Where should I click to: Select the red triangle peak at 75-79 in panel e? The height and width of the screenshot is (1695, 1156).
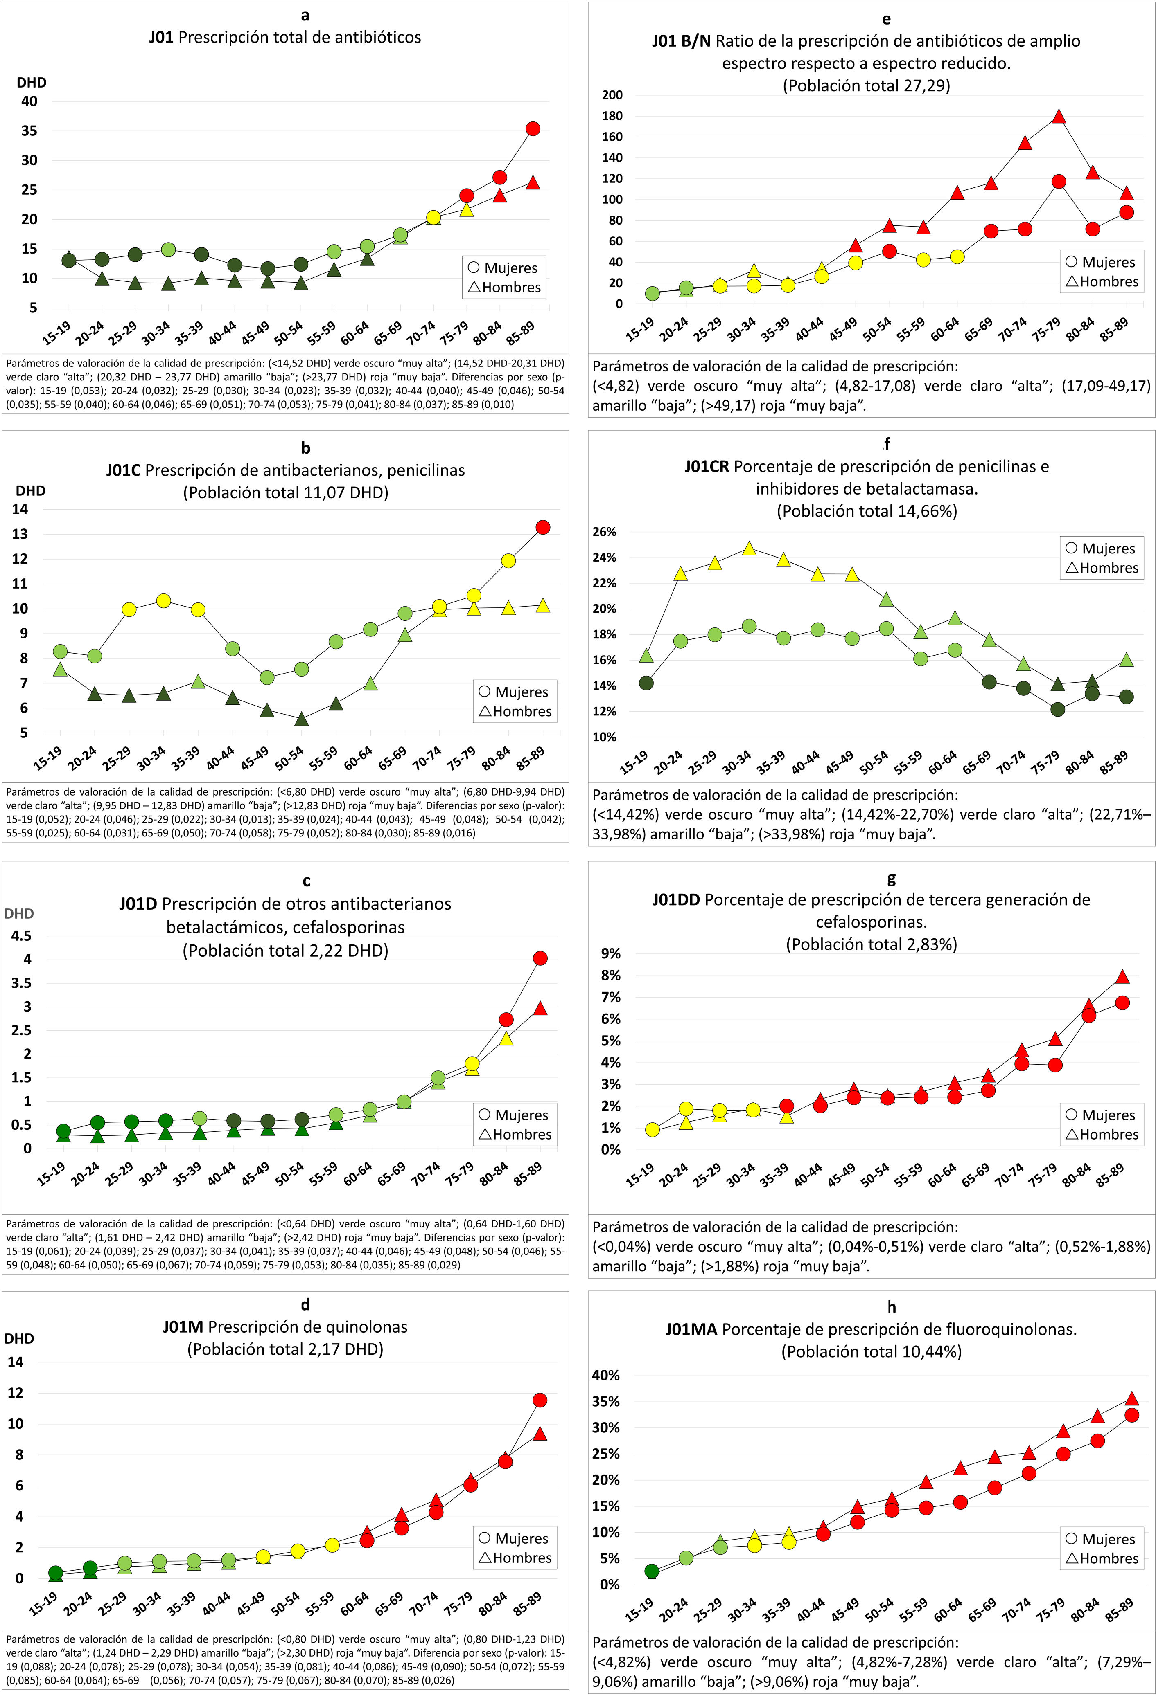pos(1059,117)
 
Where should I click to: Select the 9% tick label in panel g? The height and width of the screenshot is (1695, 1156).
pos(610,954)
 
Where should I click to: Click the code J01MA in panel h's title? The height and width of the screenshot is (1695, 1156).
pos(691,1330)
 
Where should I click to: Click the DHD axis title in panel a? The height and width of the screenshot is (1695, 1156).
pos(32,82)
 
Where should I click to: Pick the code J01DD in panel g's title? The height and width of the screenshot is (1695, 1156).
pos(677,900)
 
